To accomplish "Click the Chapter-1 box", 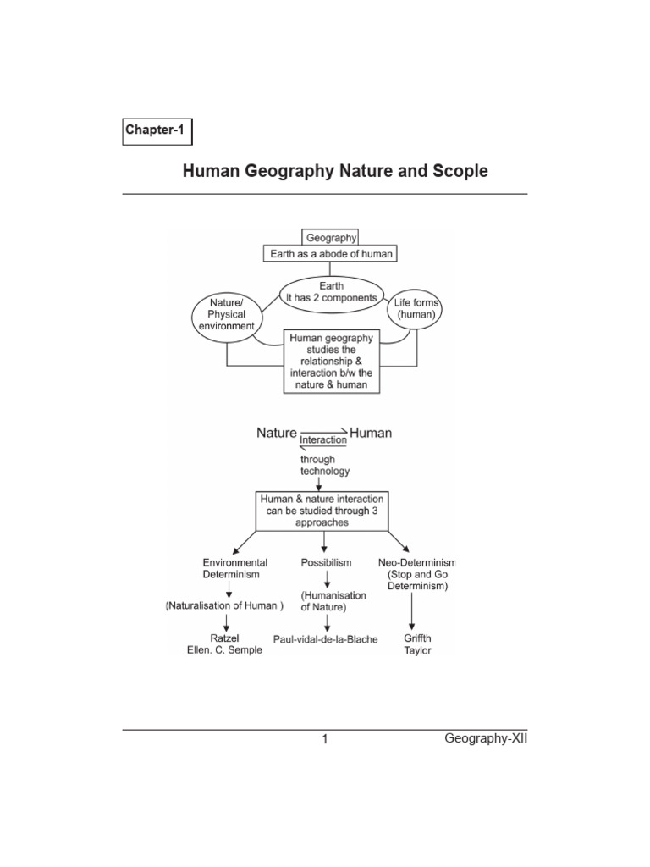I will (157, 130).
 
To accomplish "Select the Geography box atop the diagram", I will (332, 238).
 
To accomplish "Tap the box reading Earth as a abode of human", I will (332, 254).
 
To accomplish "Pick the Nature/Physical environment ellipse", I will (225, 315).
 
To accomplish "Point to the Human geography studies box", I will (332, 362).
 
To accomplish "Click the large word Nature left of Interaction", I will (277, 433).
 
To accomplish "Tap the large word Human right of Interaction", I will (371, 433).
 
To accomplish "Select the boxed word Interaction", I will (323, 439).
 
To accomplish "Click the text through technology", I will (325, 465).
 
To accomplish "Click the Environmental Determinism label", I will (235, 568).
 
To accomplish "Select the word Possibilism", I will (327, 562).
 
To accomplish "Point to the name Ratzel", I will (225, 638).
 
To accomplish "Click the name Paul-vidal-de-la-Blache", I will (325, 639).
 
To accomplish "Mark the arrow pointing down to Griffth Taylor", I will (412, 609).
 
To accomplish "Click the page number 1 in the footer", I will (324, 740).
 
